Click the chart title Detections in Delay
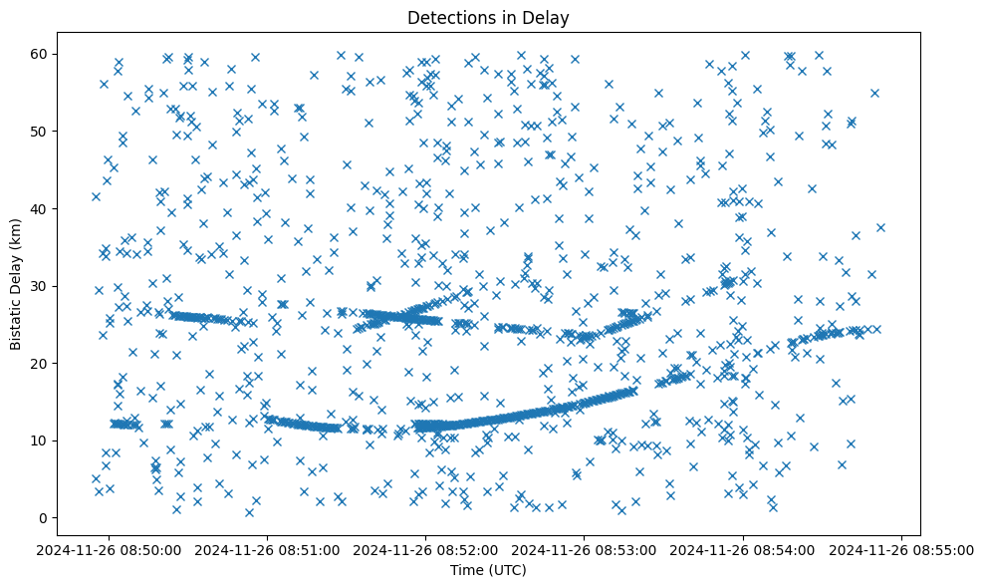(x=489, y=17)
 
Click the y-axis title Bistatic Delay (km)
(x=17, y=272)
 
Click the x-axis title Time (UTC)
(x=489, y=571)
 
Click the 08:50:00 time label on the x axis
(x=110, y=550)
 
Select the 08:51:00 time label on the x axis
(x=268, y=550)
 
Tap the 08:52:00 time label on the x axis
(x=426, y=550)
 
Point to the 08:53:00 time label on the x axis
(x=585, y=550)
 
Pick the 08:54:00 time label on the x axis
(x=743, y=550)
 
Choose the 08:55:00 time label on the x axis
(x=901, y=550)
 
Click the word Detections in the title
(x=446, y=17)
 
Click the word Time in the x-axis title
(x=468, y=571)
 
